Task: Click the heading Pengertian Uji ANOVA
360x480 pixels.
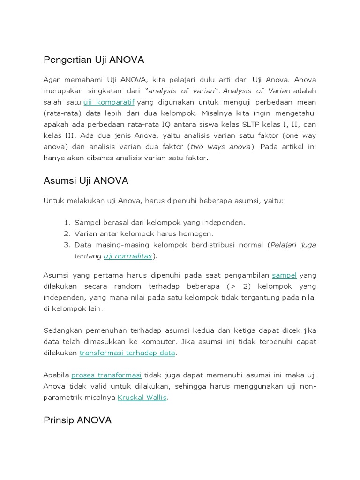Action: coord(94,60)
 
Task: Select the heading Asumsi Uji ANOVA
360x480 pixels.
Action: coord(86,180)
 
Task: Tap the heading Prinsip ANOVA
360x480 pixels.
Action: coord(77,420)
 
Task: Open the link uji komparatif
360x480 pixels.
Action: coord(109,102)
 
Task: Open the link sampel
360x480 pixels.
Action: coord(284,275)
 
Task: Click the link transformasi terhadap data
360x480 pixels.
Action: coord(127,352)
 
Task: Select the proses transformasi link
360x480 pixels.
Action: coord(106,375)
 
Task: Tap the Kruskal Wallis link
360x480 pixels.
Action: coord(142,397)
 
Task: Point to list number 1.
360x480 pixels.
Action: coord(67,222)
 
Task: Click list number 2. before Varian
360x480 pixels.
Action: coord(67,233)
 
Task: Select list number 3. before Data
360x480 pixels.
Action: coord(67,245)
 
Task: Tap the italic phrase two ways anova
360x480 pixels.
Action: coord(220,147)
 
